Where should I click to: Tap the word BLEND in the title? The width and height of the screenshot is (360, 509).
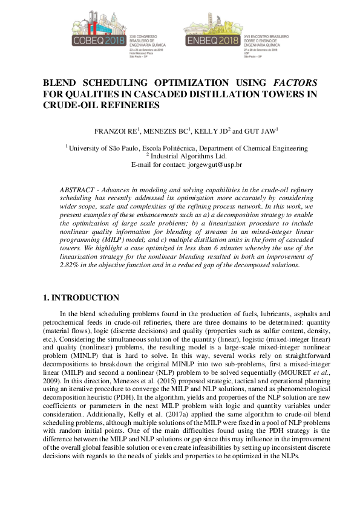(x=62, y=82)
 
